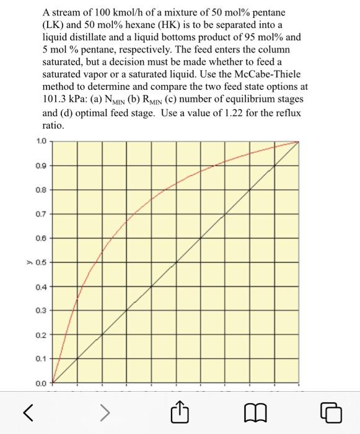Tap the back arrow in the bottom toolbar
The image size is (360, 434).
pyautogui.click(x=27, y=412)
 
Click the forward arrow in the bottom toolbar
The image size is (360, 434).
pyautogui.click(x=105, y=412)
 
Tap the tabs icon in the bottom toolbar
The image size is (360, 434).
pyautogui.click(x=332, y=412)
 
